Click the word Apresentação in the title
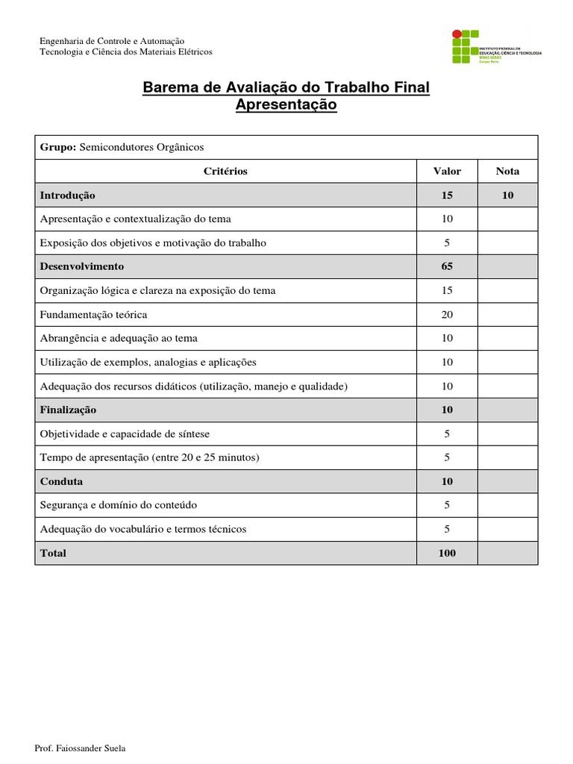(286, 106)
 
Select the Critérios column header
(225, 171)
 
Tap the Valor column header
(447, 171)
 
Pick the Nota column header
(507, 171)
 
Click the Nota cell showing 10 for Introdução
(507, 195)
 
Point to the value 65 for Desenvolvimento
(447, 266)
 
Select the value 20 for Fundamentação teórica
(447, 314)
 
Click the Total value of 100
(447, 553)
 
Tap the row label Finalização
(68, 410)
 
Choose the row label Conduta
(61, 481)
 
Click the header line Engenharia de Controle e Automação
(112, 40)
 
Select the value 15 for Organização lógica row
(447, 290)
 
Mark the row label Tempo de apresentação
(149, 457)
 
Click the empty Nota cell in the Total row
(507, 553)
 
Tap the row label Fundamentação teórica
(93, 314)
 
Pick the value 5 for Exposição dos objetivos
(447, 242)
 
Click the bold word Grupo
(57, 147)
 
